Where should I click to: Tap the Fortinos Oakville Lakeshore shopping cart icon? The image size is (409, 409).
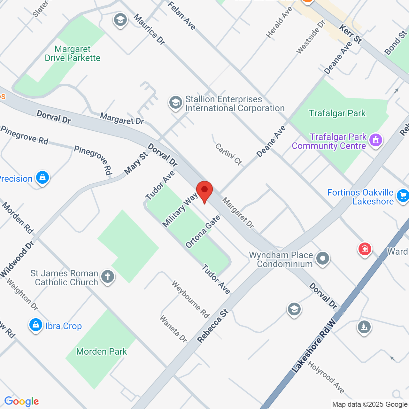pyautogui.click(x=403, y=195)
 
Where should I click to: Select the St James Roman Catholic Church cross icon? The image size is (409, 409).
pyautogui.click(x=108, y=277)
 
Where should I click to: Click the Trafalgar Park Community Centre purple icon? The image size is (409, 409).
pyautogui.click(x=375, y=140)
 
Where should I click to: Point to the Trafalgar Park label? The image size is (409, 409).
pyautogui.click(x=337, y=113)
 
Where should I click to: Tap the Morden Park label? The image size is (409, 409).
pyautogui.click(x=102, y=352)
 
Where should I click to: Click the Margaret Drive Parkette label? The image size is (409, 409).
pyautogui.click(x=73, y=54)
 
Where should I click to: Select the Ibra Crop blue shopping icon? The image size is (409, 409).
pyautogui.click(x=36, y=325)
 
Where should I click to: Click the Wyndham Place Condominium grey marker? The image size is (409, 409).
pyautogui.click(x=322, y=258)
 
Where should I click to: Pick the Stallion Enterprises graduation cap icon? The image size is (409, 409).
pyautogui.click(x=175, y=103)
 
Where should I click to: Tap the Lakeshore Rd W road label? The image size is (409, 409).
pyautogui.click(x=314, y=346)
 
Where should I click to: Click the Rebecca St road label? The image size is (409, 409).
pyautogui.click(x=213, y=326)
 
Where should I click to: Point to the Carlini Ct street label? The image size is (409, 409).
pyautogui.click(x=228, y=154)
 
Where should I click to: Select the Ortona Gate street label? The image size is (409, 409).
pyautogui.click(x=203, y=232)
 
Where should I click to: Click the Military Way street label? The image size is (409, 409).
pyautogui.click(x=180, y=210)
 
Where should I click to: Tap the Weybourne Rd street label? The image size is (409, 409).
pyautogui.click(x=190, y=299)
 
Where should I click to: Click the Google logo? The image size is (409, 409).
pyautogui.click(x=21, y=401)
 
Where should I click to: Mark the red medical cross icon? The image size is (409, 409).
pyautogui.click(x=365, y=249)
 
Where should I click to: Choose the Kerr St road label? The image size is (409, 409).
pyautogui.click(x=351, y=34)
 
